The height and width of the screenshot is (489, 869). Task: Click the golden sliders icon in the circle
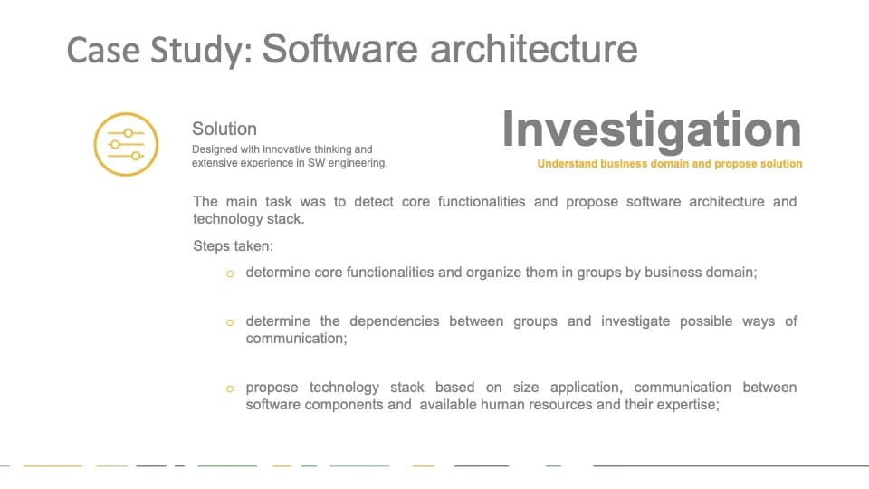point(126,144)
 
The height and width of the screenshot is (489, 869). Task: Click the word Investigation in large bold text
point(652,130)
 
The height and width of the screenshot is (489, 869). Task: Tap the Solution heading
point(224,129)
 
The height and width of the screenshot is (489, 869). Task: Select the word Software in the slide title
point(339,48)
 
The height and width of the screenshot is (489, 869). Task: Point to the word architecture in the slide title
point(534,48)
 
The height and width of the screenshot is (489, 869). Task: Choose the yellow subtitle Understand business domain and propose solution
point(670,164)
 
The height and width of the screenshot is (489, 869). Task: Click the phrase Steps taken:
point(233,245)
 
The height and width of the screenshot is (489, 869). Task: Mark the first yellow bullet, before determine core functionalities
point(230,273)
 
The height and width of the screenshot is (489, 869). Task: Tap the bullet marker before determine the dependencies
point(230,322)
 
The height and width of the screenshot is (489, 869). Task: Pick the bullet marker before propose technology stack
point(230,388)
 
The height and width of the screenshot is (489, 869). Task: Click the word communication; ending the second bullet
point(297,338)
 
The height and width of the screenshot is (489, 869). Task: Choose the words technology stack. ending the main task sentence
point(249,219)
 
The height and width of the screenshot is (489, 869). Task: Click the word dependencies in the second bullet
point(394,321)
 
